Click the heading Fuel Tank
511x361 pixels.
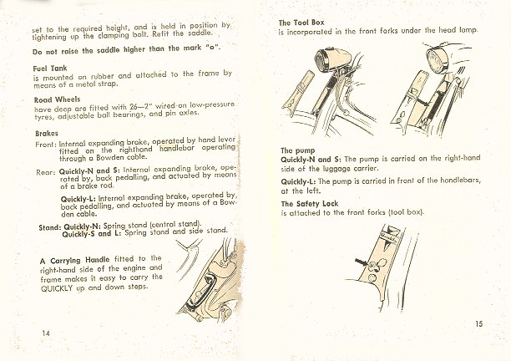50,69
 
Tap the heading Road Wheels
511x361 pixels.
57,99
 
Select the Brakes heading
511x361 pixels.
47,134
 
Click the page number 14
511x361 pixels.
46,333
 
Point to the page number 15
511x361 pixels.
478,324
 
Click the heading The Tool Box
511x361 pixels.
301,23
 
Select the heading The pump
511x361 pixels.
298,150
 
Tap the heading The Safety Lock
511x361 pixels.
310,204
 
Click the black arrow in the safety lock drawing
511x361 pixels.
362,262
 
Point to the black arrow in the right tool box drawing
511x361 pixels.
422,102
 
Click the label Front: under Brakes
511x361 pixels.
46,145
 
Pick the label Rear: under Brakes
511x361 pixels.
46,172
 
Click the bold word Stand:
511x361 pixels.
50,227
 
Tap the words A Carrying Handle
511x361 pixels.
74,261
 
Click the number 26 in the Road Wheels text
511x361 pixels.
134,107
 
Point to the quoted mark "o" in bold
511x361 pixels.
213,48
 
